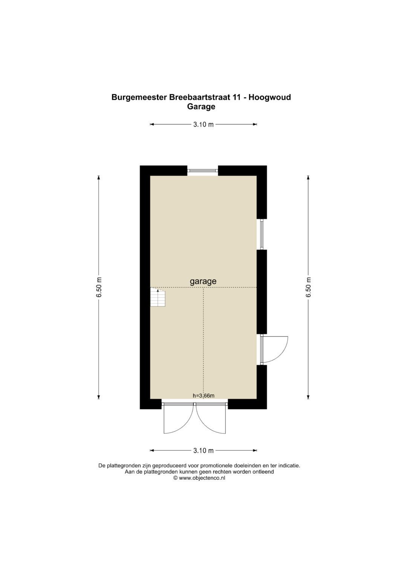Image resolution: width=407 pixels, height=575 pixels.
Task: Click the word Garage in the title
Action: [201, 107]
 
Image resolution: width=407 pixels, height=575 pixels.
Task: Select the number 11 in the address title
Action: [237, 97]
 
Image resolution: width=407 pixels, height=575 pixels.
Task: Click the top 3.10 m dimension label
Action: [203, 124]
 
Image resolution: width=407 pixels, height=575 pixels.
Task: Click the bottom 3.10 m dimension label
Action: [203, 450]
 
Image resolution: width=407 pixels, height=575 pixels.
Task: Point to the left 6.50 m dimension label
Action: [99, 287]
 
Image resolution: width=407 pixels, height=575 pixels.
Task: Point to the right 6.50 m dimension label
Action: [308, 287]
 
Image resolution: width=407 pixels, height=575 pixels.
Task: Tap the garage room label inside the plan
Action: [203, 281]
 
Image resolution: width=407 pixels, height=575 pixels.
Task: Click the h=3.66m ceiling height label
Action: [203, 395]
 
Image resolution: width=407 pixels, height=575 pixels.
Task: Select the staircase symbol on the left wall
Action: [158, 297]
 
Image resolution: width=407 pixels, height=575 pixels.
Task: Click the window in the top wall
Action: [203, 171]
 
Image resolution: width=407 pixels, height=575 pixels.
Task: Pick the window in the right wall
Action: [262, 234]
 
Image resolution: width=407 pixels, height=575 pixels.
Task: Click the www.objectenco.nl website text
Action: [202, 478]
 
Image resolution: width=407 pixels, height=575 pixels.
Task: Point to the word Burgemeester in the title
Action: [139, 97]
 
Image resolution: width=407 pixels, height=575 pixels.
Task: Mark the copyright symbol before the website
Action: [175, 478]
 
